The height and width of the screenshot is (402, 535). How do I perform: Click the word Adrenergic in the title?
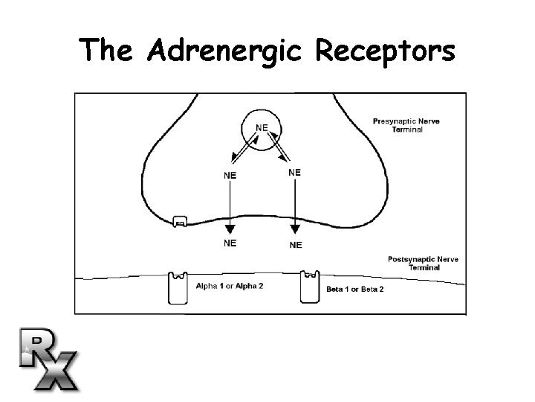pyautogui.click(x=225, y=51)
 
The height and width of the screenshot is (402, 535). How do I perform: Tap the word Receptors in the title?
pyautogui.click(x=385, y=51)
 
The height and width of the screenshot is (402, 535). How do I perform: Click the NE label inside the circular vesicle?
pyautogui.click(x=262, y=127)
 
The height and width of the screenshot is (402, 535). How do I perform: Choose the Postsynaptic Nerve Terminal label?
pyautogui.click(x=423, y=263)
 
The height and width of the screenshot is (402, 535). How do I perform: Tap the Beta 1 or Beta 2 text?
pyautogui.click(x=355, y=289)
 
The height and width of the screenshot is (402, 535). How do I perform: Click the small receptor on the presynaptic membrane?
pyautogui.click(x=180, y=221)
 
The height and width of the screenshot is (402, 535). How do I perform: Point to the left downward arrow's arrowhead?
pyautogui.click(x=230, y=228)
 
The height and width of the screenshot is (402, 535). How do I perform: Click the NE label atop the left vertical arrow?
pyautogui.click(x=231, y=176)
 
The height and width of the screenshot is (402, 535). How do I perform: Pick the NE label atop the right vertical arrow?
pyautogui.click(x=294, y=172)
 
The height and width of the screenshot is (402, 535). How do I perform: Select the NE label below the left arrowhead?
pyautogui.click(x=231, y=243)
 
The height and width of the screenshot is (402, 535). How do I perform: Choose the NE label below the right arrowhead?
pyautogui.click(x=296, y=244)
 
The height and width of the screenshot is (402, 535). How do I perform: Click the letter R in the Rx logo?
pyautogui.click(x=39, y=347)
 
